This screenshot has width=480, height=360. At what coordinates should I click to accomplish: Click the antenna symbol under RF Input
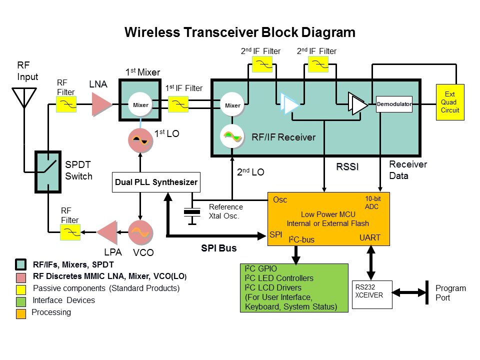(x=23, y=98)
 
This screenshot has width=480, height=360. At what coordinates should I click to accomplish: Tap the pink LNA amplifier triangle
(x=101, y=104)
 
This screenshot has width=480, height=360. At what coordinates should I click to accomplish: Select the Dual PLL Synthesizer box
(x=156, y=182)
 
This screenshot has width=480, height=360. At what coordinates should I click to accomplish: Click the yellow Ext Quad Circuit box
(x=450, y=102)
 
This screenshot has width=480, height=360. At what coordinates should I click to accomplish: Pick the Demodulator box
(x=394, y=104)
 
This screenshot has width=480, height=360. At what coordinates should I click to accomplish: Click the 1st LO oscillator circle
(x=140, y=140)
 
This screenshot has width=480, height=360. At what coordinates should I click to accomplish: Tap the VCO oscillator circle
(x=140, y=231)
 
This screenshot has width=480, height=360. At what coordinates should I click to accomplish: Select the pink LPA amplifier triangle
(x=106, y=231)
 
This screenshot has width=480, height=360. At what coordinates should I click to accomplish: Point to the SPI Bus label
(x=219, y=248)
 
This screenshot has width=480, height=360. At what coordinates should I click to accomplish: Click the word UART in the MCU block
(x=370, y=238)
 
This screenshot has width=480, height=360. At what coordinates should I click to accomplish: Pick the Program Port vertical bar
(x=426, y=292)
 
